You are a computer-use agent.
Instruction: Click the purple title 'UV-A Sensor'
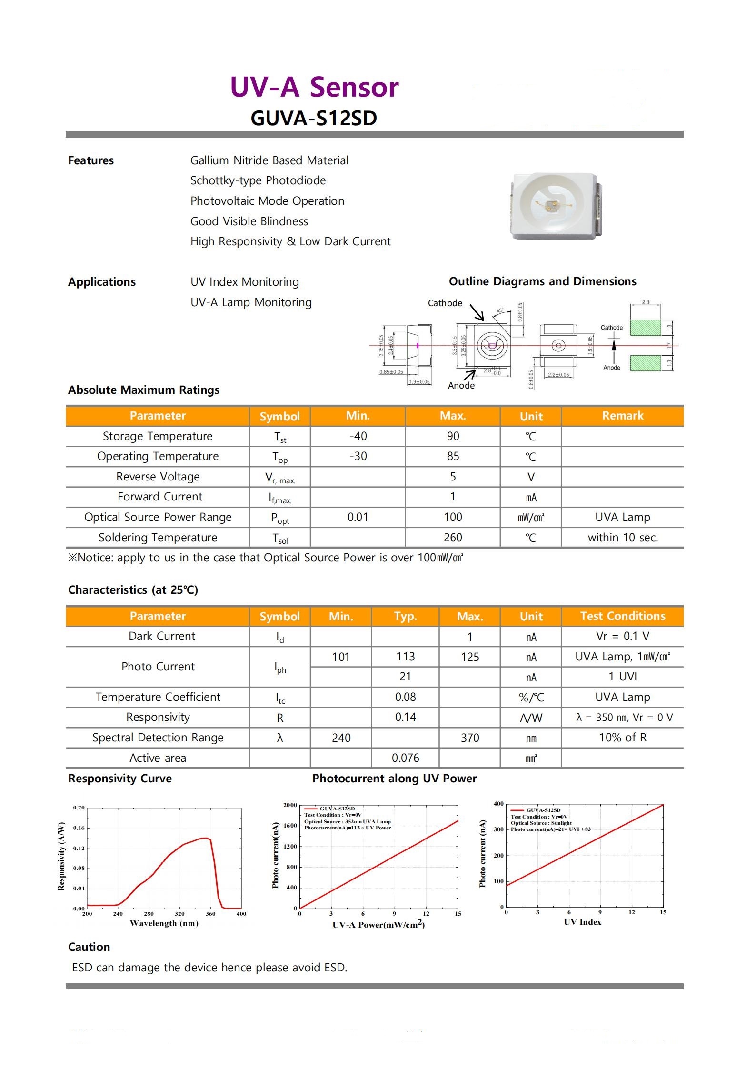[x=314, y=87]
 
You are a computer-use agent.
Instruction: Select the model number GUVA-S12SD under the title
[x=314, y=118]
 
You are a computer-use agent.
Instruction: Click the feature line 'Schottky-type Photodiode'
[x=258, y=180]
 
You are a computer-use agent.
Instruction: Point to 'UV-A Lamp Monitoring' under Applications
[x=251, y=302]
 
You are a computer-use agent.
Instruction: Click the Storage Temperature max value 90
[x=453, y=436]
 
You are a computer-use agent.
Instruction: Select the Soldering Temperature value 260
[x=453, y=538]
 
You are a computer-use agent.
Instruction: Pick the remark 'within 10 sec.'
[x=622, y=538]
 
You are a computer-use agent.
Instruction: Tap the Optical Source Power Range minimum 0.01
[x=358, y=517]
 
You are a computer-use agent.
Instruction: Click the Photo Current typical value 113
[x=405, y=657]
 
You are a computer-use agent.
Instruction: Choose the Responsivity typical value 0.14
[x=405, y=717]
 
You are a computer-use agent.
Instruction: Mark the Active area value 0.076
[x=405, y=758]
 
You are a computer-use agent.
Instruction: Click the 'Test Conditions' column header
[x=622, y=616]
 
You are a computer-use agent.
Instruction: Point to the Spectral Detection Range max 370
[x=469, y=738]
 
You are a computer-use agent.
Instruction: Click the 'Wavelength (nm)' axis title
[x=164, y=923]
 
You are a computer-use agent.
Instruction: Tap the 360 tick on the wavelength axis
[x=210, y=914]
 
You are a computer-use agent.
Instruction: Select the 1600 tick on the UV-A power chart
[x=290, y=826]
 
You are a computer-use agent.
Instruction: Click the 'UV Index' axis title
[x=582, y=922]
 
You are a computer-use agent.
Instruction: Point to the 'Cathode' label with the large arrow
[x=445, y=303]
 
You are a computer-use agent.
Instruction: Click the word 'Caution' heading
[x=89, y=947]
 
